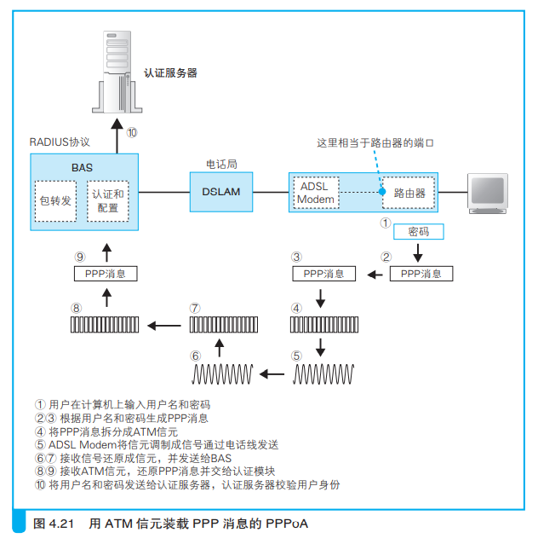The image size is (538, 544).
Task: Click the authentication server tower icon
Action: pos(117,72)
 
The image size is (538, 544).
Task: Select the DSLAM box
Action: pos(221,192)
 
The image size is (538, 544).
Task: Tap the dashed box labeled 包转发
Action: pos(55,201)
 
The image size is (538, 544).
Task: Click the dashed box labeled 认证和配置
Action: pos(108,201)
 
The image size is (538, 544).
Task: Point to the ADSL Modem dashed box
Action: pos(316,193)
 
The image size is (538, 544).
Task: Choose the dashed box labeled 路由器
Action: pos(409,193)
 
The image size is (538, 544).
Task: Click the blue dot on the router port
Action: pos(382,192)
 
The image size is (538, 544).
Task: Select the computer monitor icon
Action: pos(488,194)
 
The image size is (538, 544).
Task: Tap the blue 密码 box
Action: pos(419,231)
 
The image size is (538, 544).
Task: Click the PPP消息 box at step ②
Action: pos(421,274)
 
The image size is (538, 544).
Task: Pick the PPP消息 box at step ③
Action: pos(324,274)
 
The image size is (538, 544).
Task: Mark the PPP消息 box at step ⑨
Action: pos(106,274)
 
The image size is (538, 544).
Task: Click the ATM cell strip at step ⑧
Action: pos(105,325)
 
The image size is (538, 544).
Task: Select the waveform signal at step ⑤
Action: pos(323,374)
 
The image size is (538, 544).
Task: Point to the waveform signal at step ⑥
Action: pos(222,374)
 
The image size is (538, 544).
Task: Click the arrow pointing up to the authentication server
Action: pos(117,136)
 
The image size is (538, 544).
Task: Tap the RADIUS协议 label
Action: pos(60,142)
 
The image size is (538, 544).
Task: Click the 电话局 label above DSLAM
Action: pos(221,164)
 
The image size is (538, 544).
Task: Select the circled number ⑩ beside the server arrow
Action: pos(132,132)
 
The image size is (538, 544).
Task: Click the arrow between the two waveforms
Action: pos(272,374)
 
